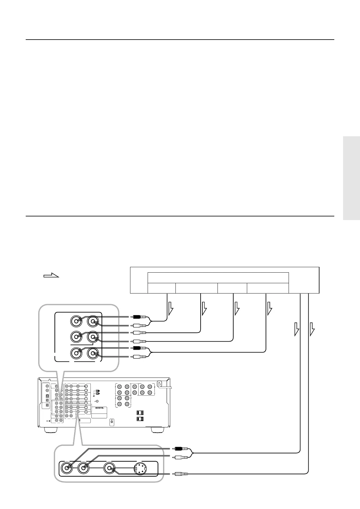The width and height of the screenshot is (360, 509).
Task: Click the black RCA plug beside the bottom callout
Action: (x=182, y=449)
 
